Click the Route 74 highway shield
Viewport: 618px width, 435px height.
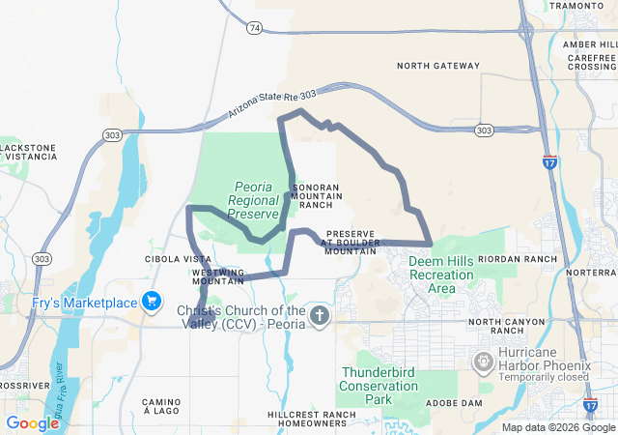click(x=253, y=29)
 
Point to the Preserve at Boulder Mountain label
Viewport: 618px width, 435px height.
click(x=351, y=242)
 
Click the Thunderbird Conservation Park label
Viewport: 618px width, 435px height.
click(x=379, y=386)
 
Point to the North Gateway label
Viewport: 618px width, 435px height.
click(x=438, y=66)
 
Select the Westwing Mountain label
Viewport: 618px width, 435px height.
click(x=217, y=276)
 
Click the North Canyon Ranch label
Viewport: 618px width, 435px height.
click(x=514, y=322)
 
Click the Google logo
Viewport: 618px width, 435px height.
click(x=33, y=423)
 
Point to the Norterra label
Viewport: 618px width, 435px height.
click(x=591, y=274)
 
